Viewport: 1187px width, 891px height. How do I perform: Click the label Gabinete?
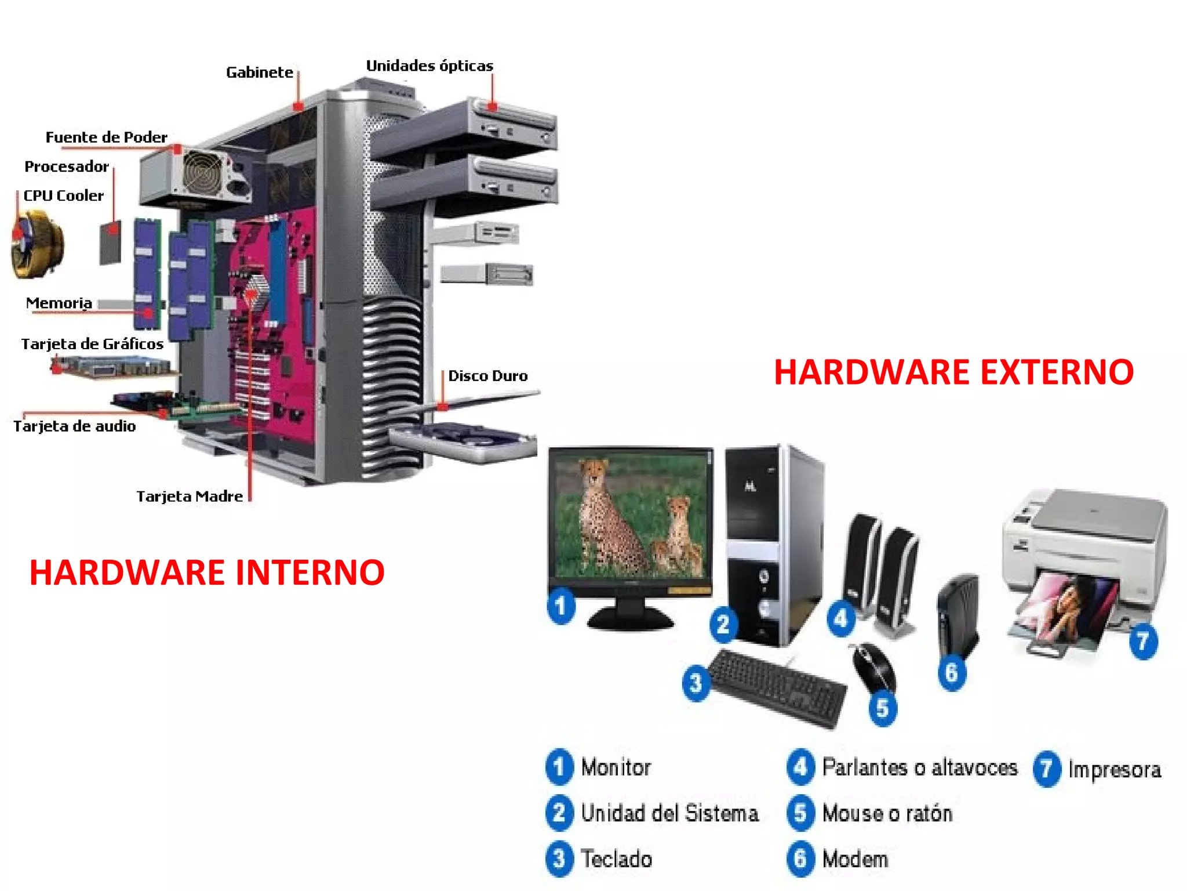[259, 73]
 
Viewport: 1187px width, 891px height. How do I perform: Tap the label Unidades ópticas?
[429, 66]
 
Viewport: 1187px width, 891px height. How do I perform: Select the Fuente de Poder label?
[106, 137]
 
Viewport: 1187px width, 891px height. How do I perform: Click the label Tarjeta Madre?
[190, 497]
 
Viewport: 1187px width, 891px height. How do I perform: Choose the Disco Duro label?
[488, 376]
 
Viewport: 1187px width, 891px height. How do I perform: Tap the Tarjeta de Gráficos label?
[92, 344]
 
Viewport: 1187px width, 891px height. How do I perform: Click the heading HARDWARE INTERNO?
[207, 573]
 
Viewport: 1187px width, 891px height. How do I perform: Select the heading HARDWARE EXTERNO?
[953, 372]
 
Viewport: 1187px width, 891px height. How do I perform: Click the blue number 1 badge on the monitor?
[560, 607]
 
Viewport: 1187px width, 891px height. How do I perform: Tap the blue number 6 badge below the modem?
[952, 673]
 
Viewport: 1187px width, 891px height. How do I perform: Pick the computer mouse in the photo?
[874, 667]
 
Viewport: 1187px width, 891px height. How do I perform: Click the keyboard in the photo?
[777, 687]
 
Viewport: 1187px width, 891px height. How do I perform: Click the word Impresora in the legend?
[1115, 770]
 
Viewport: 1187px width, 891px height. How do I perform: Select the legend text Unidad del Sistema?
[669, 813]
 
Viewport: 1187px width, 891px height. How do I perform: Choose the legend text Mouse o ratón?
[887, 813]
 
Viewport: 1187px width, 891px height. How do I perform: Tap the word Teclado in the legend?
[616, 859]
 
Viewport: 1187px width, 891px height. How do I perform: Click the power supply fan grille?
[203, 172]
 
